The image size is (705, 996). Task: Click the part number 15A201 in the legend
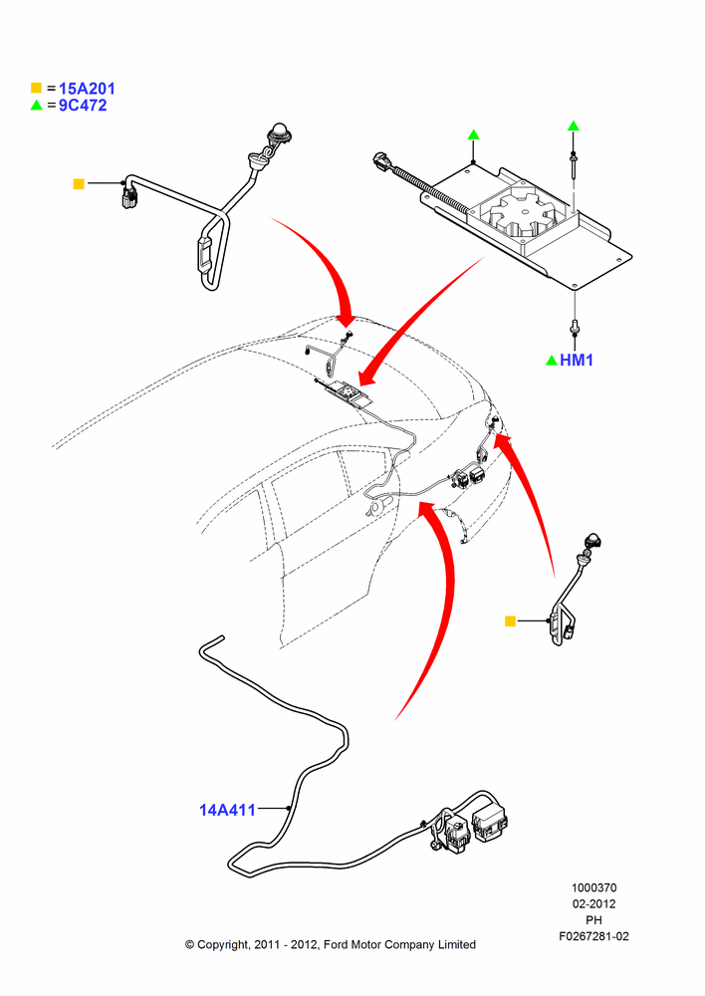[x=87, y=89]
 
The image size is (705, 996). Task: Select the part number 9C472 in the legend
[x=84, y=106]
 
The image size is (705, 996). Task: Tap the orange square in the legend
[x=36, y=88]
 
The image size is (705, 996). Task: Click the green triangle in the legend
[x=36, y=105]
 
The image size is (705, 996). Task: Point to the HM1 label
[x=577, y=361]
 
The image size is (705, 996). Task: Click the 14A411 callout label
[x=227, y=810]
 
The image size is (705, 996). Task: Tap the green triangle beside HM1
[x=552, y=361]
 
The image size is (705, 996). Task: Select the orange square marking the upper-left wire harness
[x=79, y=183]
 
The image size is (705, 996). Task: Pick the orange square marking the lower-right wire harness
[x=510, y=622]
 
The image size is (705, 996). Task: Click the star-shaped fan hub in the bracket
[x=525, y=214]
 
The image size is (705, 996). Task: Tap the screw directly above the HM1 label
[x=576, y=326]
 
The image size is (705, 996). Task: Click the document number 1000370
[x=593, y=887]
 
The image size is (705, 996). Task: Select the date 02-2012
[x=593, y=903]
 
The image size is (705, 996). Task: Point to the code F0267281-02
[x=593, y=936]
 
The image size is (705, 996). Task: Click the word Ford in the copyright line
[x=337, y=944]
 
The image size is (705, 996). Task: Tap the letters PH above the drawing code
[x=593, y=919]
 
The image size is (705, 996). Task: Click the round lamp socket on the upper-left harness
[x=278, y=133]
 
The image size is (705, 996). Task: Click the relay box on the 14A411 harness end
[x=490, y=823]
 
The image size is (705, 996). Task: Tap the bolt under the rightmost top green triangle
[x=574, y=161]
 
